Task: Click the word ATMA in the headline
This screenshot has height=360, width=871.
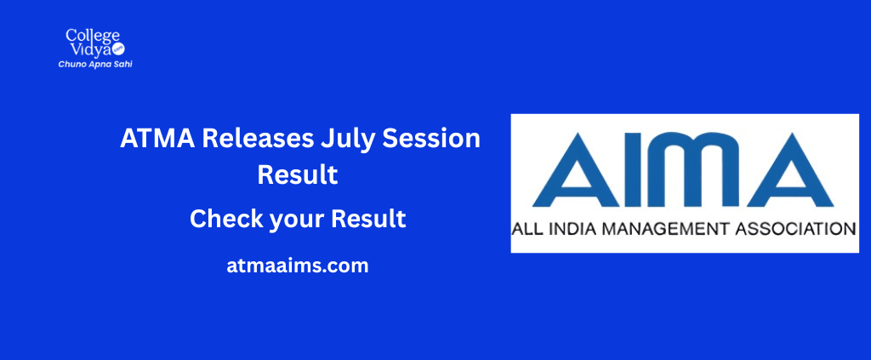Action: click(157, 139)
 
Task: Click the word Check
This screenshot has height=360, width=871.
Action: click(225, 219)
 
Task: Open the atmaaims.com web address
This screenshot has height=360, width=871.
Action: click(298, 266)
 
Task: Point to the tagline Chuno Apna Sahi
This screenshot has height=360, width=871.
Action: click(95, 65)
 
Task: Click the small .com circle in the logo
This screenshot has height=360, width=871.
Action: click(118, 50)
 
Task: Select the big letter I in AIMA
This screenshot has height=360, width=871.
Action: click(636, 169)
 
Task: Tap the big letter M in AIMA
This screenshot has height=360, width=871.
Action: click(696, 169)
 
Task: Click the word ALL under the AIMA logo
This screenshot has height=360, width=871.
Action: click(526, 229)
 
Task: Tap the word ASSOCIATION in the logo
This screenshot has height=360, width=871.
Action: click(795, 229)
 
